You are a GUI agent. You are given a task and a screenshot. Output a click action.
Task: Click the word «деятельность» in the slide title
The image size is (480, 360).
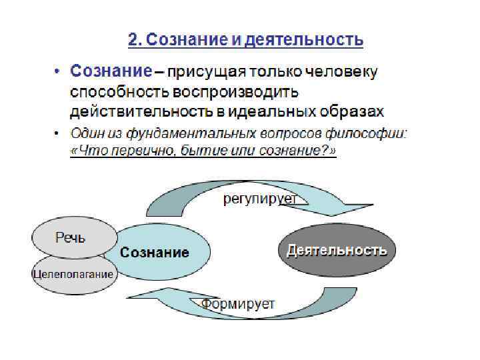click(x=305, y=40)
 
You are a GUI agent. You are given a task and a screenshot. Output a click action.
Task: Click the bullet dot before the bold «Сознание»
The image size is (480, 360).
click(x=58, y=71)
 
